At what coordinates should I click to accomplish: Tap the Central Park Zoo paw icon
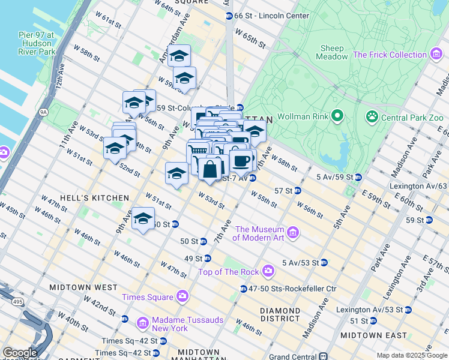coord(372,115)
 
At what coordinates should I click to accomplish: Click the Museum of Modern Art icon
coord(293,232)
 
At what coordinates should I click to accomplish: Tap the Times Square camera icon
coord(182,296)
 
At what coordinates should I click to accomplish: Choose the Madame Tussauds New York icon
coord(143,324)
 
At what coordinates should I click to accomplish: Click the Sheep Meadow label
coord(333,52)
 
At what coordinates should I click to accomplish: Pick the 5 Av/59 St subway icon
coord(358,177)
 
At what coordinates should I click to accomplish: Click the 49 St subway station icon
coord(208,258)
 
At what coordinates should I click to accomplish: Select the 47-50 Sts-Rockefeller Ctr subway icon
coord(243,289)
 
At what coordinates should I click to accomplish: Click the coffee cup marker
coord(241,161)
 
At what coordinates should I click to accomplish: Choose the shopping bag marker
coord(210,169)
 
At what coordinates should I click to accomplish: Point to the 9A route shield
coord(43,111)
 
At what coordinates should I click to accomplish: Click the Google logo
coord(20,353)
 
